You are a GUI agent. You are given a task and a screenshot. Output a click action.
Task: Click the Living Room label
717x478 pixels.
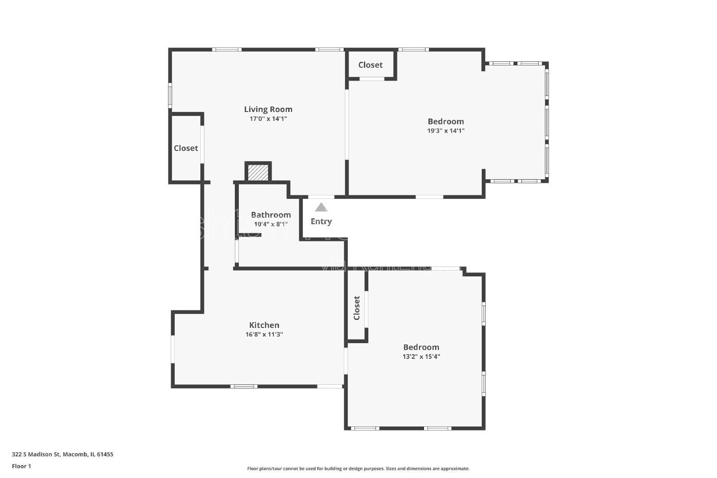(268, 109)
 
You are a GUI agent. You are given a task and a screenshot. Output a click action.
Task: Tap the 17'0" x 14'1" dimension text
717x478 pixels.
(268, 119)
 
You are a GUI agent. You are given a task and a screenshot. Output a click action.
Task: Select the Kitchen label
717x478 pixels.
(264, 325)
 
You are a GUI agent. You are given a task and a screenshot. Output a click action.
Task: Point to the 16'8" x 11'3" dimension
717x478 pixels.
(264, 335)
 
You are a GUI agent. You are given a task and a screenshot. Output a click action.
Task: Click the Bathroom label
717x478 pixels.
(271, 215)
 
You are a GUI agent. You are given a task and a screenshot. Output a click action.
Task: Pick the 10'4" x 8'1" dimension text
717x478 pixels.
(271, 224)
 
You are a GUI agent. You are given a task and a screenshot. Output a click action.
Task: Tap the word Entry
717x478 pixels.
(321, 221)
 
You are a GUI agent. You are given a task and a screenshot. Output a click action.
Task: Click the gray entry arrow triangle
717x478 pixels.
(321, 207)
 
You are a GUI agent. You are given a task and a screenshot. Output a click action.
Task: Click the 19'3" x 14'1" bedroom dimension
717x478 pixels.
(445, 131)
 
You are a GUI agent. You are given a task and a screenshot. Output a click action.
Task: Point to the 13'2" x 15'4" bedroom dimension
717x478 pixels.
(421, 357)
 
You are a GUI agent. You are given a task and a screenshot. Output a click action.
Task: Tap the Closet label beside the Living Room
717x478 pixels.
(186, 148)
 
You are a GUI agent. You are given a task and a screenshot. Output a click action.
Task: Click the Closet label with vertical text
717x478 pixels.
(357, 308)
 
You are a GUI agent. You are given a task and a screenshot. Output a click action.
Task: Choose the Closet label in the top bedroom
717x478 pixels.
(371, 65)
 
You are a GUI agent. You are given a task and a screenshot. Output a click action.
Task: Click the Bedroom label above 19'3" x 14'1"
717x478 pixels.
(445, 121)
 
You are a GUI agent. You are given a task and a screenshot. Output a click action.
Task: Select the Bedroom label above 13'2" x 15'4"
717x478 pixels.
(421, 347)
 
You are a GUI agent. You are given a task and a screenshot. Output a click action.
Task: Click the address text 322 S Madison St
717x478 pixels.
(36, 454)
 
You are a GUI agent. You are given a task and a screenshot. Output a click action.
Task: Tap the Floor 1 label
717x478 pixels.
(22, 466)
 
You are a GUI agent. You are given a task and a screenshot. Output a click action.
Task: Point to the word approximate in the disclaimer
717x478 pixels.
(455, 469)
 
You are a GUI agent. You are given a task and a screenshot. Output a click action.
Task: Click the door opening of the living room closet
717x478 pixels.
(202, 144)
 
